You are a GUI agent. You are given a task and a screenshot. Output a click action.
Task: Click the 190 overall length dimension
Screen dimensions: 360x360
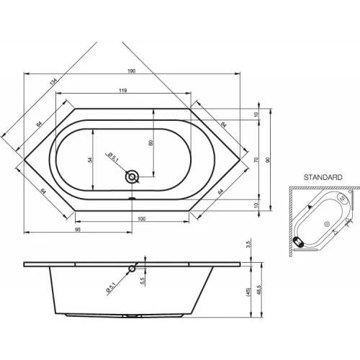[x=132, y=71]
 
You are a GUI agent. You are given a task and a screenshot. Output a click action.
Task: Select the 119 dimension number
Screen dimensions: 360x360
[x=122, y=91]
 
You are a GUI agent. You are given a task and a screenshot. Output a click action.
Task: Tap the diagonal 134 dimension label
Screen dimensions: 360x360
[x=53, y=81]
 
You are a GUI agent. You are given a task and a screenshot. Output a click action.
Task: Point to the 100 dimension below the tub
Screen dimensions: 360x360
[x=142, y=219]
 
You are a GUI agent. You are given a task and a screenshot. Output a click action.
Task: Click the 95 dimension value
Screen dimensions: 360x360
[x=78, y=230]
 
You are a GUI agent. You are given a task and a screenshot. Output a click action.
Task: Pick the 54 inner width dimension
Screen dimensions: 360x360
[x=90, y=160]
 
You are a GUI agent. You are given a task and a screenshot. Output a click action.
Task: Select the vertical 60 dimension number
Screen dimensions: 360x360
[x=151, y=143]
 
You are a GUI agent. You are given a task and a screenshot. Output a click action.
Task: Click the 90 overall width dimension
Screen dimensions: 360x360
[x=268, y=160]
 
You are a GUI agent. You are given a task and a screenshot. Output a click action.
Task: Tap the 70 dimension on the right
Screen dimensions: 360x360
[x=256, y=160]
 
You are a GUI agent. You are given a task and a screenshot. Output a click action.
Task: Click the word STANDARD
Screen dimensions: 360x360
[x=323, y=177]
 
